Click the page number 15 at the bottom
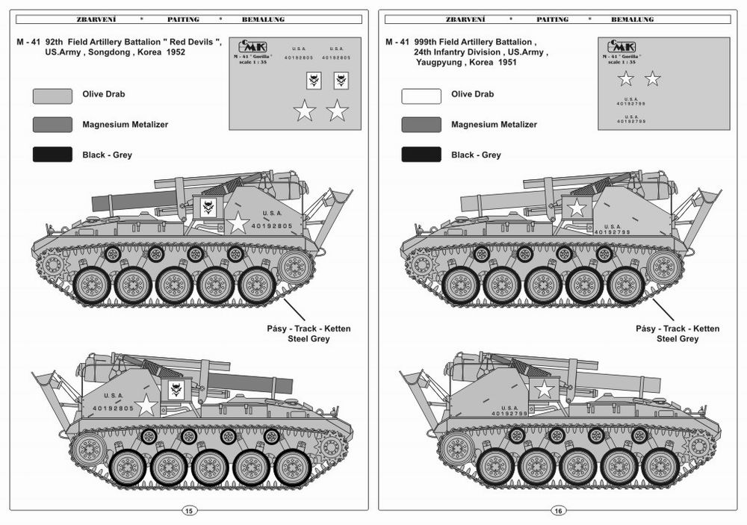click(188, 511)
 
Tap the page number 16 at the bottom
click(557, 511)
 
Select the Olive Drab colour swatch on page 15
click(52, 96)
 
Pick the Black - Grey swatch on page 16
click(421, 155)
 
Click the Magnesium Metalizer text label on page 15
click(125, 125)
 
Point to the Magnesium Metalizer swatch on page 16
click(421, 125)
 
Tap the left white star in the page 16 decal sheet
click(625, 78)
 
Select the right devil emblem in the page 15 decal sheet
click(341, 80)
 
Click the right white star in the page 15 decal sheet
click(338, 111)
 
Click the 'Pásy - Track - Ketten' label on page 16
click(677, 329)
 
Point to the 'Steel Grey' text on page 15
click(309, 339)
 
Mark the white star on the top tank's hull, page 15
click(238, 222)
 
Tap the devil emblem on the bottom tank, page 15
click(177, 388)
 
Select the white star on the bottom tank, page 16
click(545, 389)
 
